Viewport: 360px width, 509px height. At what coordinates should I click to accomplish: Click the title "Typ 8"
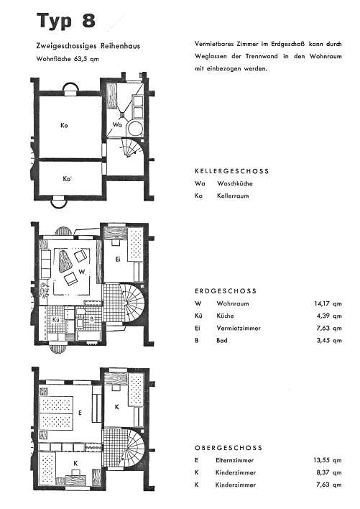pyautogui.click(x=66, y=20)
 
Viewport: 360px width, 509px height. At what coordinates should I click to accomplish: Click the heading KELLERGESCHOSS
pyautogui.click(x=232, y=171)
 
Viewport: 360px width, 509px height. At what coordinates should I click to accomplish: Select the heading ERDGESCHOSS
pyautogui.click(x=226, y=291)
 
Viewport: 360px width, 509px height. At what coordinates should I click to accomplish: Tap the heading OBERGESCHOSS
pyautogui.click(x=229, y=448)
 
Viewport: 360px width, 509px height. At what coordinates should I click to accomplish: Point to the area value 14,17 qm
pyautogui.click(x=328, y=304)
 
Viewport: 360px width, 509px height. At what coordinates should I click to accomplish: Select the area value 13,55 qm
pyautogui.click(x=328, y=460)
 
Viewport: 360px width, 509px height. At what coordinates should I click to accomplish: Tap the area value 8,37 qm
pyautogui.click(x=329, y=472)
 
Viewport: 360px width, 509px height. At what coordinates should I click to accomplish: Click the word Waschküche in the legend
pyautogui.click(x=235, y=183)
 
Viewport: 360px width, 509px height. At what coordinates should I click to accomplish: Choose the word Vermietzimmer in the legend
pyautogui.click(x=239, y=328)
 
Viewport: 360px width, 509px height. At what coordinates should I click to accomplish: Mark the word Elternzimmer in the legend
pyautogui.click(x=234, y=460)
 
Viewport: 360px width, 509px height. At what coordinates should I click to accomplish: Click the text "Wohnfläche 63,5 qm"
pyautogui.click(x=68, y=59)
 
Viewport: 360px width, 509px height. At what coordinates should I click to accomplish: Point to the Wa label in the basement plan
pyautogui.click(x=117, y=124)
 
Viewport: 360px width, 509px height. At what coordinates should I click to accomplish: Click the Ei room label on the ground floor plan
pyautogui.click(x=118, y=259)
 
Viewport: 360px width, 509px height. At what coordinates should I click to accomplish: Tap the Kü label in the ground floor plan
pyautogui.click(x=56, y=320)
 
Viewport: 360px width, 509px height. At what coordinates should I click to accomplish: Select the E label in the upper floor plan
pyautogui.click(x=80, y=413)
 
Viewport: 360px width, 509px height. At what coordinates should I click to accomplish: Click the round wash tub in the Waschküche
pyautogui.click(x=135, y=128)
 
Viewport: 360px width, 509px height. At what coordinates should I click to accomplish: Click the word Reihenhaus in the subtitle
pyautogui.click(x=120, y=46)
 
